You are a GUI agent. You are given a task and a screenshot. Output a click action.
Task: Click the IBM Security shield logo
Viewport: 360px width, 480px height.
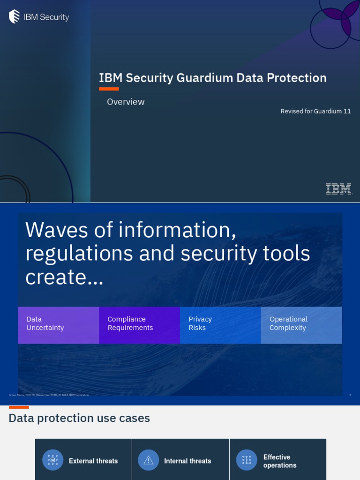(14, 17)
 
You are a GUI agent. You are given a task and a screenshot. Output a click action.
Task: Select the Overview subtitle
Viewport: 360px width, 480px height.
(126, 102)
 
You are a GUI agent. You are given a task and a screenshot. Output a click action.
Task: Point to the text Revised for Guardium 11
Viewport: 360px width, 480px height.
(315, 111)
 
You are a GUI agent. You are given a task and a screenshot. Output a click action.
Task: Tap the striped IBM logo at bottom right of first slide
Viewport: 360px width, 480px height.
(338, 189)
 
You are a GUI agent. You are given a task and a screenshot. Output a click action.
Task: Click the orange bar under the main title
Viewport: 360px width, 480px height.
(109, 89)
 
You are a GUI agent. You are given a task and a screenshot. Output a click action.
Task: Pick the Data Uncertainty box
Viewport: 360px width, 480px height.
(58, 325)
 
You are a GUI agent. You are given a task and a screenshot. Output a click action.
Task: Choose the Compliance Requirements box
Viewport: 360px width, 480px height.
(139, 325)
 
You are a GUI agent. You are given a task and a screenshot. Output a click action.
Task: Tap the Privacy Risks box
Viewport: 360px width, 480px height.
(220, 325)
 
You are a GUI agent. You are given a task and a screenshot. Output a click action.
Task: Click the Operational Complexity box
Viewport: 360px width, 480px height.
(301, 325)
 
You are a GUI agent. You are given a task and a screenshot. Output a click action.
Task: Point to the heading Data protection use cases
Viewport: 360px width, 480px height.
(79, 418)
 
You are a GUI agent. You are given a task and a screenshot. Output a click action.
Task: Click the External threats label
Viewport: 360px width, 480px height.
(93, 461)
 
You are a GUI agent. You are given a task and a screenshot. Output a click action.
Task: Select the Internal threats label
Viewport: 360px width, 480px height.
(187, 461)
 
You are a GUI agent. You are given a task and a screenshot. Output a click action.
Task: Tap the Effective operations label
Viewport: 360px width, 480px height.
(280, 461)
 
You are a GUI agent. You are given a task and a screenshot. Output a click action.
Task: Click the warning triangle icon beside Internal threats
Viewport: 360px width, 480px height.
(148, 460)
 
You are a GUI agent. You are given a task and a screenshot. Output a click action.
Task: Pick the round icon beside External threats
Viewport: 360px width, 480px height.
(52, 460)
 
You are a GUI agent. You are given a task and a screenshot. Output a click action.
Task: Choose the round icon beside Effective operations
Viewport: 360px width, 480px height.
(247, 460)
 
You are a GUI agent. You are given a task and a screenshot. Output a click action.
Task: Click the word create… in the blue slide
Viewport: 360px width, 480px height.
(64, 277)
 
